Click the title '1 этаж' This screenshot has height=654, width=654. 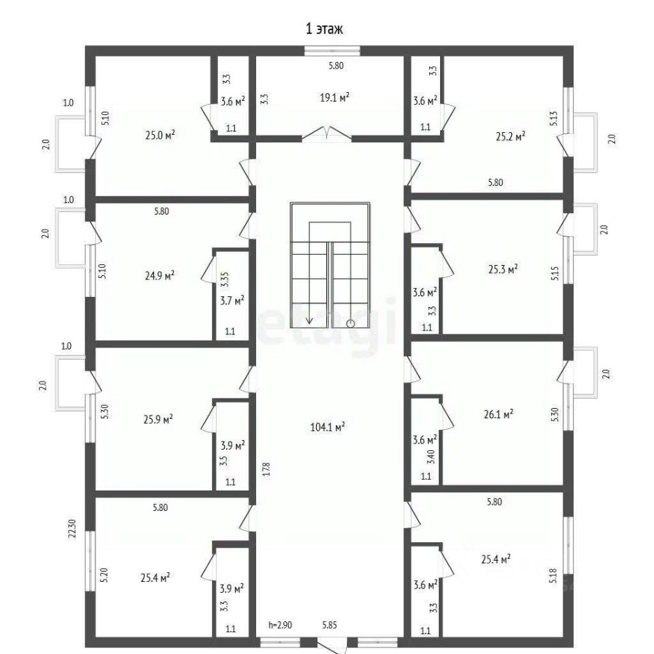pos(324,29)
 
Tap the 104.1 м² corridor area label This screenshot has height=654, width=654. pos(328,427)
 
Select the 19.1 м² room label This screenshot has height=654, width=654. pos(334,97)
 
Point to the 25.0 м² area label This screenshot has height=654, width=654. pos(159,135)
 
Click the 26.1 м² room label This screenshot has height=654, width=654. pos(499,414)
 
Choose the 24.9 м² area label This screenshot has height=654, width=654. pos(159,276)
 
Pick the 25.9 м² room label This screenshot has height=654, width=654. pos(158,419)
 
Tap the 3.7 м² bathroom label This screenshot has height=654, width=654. pos(232,300)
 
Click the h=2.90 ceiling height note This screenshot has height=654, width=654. pos(280,625)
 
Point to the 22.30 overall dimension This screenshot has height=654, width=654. pos(73,528)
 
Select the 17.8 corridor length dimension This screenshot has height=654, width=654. pos(266,469)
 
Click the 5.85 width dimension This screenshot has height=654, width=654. pos(330,625)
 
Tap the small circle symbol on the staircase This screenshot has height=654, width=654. pos(350,323)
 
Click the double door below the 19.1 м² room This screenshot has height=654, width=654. pos(326,134)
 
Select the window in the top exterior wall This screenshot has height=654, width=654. pos(332,51)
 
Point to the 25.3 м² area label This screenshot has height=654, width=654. pos(503,269)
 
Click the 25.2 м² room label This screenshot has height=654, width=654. pos(510,136)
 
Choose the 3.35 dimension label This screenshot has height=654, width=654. pos(225,279)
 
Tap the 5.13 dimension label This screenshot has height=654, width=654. pos(553,119)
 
